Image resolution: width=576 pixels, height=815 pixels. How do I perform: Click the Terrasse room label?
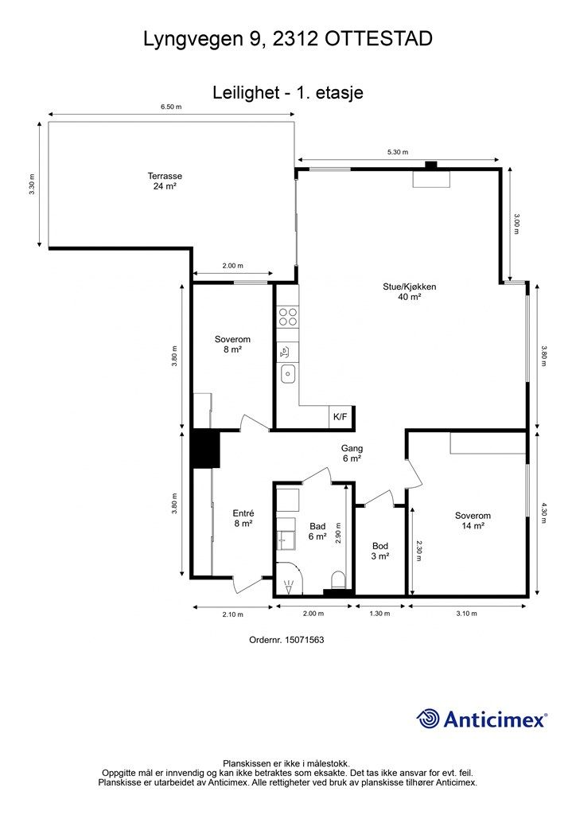[165, 181]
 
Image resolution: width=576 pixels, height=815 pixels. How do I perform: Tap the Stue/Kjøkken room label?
[409, 291]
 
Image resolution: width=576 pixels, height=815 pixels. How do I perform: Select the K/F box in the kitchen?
[341, 416]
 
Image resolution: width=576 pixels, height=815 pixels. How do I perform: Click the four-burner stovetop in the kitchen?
[288, 317]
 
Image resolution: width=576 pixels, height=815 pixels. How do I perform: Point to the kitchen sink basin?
[288, 373]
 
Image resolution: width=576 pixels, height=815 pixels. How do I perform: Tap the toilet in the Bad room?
[338, 579]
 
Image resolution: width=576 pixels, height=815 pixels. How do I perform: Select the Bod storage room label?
[380, 551]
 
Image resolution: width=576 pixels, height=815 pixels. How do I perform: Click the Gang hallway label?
[352, 453]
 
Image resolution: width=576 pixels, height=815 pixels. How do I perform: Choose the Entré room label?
[243, 519]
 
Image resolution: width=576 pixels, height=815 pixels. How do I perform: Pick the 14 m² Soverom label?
[473, 521]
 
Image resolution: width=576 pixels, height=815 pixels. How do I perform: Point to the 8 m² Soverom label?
[232, 344]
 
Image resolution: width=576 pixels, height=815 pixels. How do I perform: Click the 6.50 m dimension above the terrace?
[171, 107]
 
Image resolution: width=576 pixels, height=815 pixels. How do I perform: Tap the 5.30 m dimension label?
[398, 152]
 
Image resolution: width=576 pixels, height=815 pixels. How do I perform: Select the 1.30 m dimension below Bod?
[379, 614]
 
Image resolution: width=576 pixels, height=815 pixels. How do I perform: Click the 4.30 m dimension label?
[544, 513]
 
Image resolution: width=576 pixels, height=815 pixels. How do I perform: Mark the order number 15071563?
[286, 640]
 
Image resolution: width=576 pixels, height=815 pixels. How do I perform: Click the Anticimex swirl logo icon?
[428, 719]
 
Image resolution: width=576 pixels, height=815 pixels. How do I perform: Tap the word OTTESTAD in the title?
[379, 39]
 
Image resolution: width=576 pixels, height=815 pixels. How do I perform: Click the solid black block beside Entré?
[206, 449]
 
